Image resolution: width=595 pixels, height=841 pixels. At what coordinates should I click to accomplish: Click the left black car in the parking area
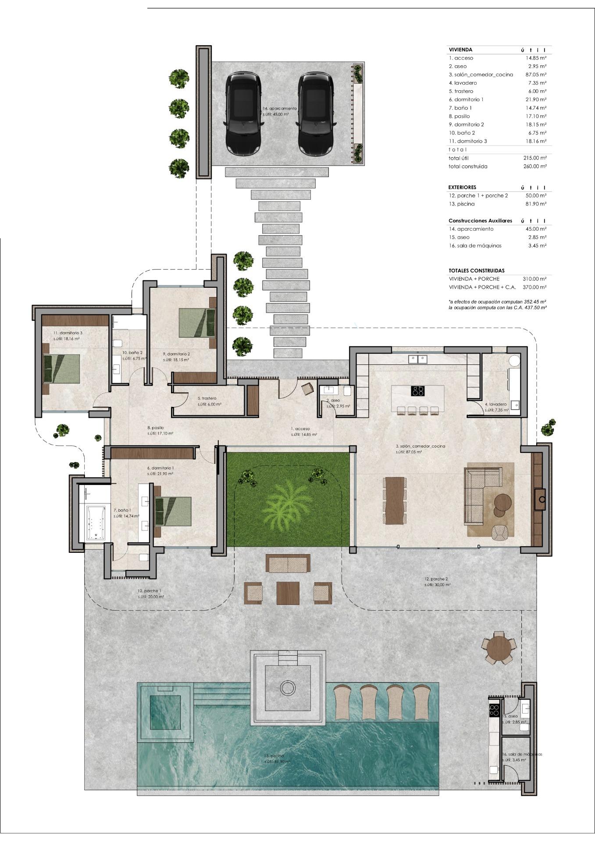[243, 113]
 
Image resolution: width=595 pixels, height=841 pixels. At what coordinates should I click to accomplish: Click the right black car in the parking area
[315, 113]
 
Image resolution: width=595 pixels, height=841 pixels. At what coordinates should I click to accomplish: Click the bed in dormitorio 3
[62, 368]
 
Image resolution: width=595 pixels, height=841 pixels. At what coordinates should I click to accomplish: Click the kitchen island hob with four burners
[417, 390]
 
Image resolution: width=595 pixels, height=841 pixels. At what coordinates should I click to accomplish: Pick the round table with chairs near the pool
[499, 647]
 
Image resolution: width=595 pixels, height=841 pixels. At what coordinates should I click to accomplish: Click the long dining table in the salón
[395, 500]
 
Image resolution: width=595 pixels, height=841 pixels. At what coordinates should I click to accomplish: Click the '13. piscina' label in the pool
[274, 756]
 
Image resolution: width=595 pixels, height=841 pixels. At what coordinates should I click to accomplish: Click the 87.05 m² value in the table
[536, 74]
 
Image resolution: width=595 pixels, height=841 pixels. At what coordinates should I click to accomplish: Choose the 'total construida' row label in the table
[468, 166]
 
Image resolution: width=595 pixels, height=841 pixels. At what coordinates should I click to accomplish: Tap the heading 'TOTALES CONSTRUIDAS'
[477, 271]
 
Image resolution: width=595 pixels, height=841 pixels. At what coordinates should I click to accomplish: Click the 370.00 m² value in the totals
[534, 287]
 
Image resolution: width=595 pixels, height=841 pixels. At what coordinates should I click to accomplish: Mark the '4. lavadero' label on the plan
[496, 404]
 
